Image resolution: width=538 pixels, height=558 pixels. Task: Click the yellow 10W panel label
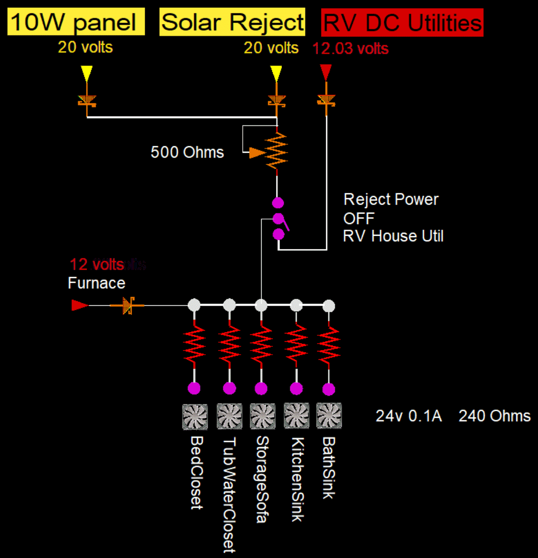point(76,22)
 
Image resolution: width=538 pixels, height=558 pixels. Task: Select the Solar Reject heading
point(232,22)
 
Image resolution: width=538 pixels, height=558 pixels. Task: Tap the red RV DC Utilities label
point(402,23)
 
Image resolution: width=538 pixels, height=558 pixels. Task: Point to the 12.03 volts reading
point(350,48)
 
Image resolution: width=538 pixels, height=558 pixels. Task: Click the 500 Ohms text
point(187,152)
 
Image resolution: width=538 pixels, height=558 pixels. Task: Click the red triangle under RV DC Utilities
point(326,72)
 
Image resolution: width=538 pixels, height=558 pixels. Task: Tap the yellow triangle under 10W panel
point(87,73)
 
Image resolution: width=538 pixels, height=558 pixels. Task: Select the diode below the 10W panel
point(87,101)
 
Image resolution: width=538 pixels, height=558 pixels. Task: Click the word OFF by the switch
point(359,218)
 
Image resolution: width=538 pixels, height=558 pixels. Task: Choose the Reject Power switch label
point(391,199)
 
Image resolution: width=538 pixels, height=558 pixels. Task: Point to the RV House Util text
point(393,236)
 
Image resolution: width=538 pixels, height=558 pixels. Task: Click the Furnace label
point(96,283)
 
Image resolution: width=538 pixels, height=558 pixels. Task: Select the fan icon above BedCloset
point(195,416)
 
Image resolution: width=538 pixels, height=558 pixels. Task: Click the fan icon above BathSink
point(329,416)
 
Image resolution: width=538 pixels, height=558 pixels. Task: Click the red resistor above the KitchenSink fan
point(296,345)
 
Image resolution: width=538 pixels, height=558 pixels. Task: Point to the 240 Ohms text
point(494,416)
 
